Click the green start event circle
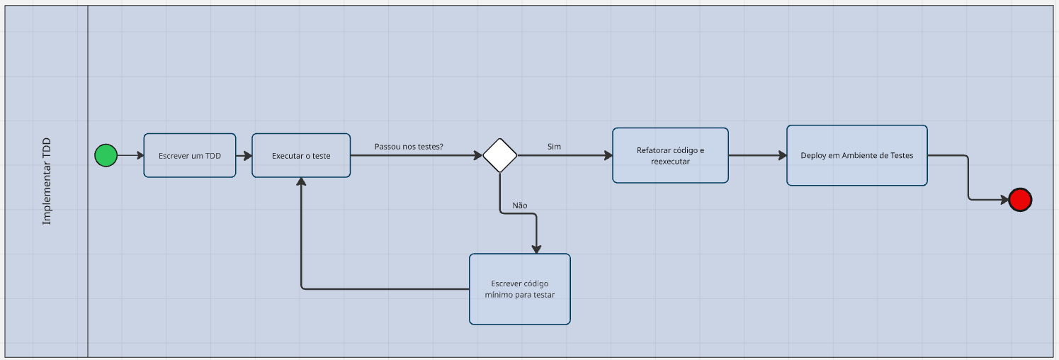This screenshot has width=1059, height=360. [x=106, y=155]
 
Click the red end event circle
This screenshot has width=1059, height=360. [x=1020, y=200]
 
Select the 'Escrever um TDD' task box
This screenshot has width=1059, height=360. [x=190, y=155]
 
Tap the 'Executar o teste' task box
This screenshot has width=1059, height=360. [x=301, y=155]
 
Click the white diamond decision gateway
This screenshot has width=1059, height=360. [x=500, y=155]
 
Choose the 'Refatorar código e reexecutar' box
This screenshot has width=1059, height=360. [x=670, y=155]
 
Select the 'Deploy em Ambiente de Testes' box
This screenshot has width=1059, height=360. [x=856, y=155]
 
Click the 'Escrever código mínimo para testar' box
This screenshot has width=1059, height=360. [x=519, y=289]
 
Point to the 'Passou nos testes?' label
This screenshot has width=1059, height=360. [x=409, y=147]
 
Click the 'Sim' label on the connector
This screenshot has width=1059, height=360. [x=554, y=147]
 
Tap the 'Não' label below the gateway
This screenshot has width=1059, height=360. [x=519, y=205]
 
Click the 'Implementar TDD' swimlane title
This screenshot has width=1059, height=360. [x=47, y=181]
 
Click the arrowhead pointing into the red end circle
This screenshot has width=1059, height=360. [x=1004, y=200]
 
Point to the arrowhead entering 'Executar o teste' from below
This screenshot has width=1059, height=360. [x=301, y=183]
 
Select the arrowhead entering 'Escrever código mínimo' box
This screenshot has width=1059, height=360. [x=536, y=249]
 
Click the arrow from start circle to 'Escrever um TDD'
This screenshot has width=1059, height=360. [x=130, y=155]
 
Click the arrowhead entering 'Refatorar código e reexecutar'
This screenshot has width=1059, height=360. [x=608, y=155]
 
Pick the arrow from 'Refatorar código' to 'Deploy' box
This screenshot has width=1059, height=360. [x=757, y=155]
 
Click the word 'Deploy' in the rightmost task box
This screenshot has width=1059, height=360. [x=813, y=155]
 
